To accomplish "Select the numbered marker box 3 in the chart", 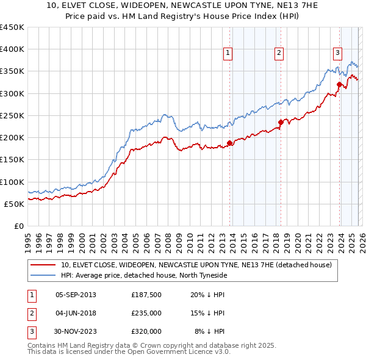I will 337,52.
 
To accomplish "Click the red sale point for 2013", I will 230,143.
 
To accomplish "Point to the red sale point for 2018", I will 281,122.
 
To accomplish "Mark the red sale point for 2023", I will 339,85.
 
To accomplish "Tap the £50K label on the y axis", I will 14,204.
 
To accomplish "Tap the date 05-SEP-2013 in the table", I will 76,295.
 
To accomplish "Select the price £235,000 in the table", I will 146,313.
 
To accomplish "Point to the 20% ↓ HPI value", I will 208,295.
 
